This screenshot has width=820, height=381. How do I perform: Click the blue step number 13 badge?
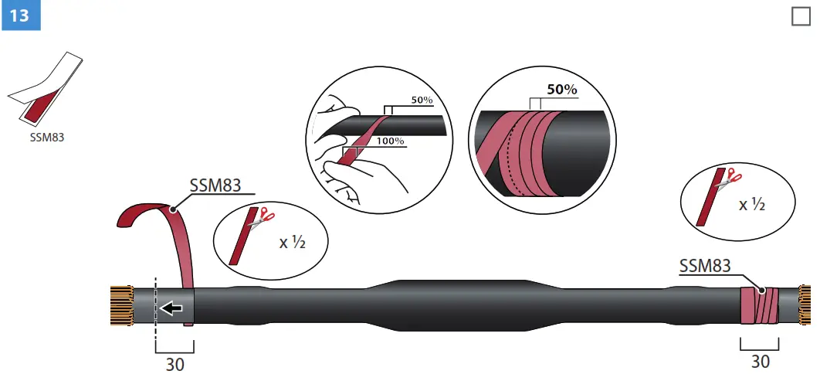click(19, 15)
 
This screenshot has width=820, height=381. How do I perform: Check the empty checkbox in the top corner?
click(801, 16)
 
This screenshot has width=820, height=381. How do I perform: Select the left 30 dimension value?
click(175, 364)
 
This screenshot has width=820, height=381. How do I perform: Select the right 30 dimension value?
click(761, 361)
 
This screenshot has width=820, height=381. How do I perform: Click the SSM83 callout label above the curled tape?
click(215, 186)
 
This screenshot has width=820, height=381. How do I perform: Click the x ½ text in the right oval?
click(753, 205)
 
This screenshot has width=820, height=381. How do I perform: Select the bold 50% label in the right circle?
click(562, 90)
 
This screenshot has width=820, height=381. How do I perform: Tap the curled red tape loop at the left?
click(143, 213)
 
